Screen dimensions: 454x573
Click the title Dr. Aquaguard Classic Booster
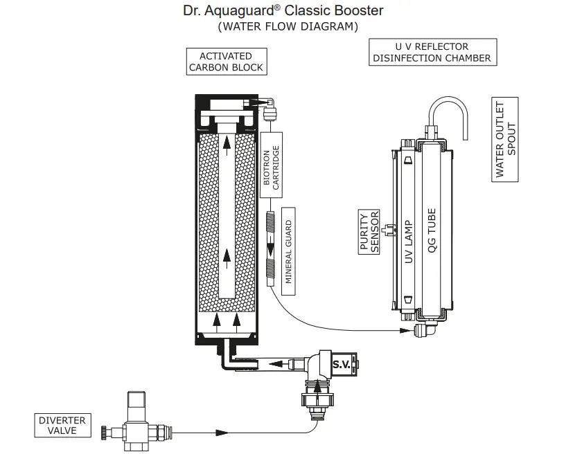283,11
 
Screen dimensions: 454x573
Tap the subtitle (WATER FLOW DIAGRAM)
288,27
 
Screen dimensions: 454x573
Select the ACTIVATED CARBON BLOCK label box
225,62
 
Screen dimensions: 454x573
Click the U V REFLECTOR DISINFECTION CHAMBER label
432,53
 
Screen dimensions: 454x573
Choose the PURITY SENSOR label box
369,232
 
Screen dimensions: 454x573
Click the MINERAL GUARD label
289,252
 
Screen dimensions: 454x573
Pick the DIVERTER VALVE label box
62,425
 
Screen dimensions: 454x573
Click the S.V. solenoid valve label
341,363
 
